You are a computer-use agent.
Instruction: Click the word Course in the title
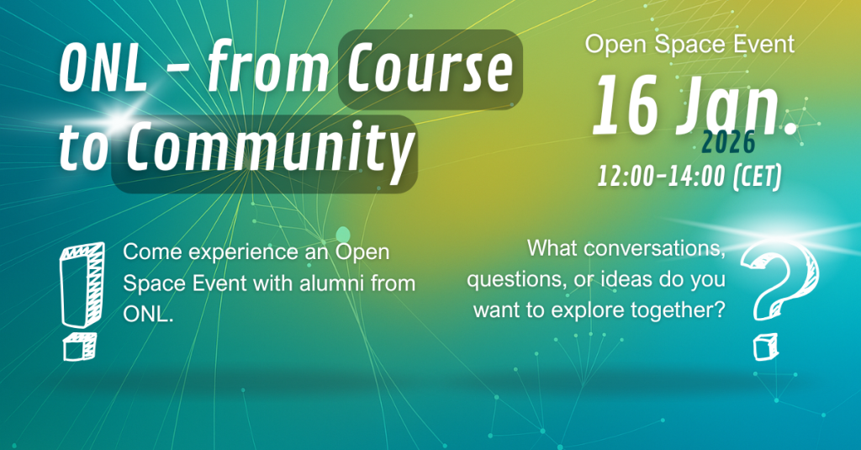click(430, 70)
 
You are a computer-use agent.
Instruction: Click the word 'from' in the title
click(267, 68)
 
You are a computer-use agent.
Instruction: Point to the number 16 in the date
click(626, 105)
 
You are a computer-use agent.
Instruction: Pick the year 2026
click(729, 144)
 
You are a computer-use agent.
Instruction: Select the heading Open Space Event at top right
click(689, 44)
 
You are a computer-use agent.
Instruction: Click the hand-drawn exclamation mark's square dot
click(80, 347)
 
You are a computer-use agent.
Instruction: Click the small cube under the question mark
click(765, 347)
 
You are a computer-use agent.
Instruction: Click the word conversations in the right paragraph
click(654, 248)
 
